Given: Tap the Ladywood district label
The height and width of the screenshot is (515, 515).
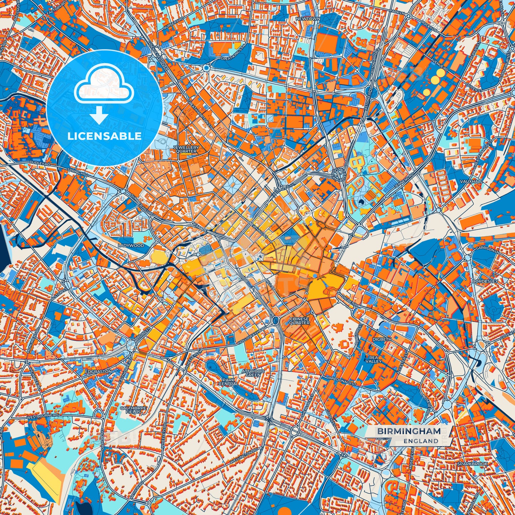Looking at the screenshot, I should (x=132, y=246).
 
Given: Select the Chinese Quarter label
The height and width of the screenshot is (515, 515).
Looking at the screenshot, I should (x=299, y=321).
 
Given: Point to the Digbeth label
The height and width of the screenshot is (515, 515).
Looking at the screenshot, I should (x=382, y=339).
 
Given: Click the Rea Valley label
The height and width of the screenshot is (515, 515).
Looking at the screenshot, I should (x=373, y=359).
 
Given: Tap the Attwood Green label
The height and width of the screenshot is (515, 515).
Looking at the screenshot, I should (x=253, y=373).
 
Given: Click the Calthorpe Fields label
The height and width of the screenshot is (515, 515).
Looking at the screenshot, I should (x=131, y=410).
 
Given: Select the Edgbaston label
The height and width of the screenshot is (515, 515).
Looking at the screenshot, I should (x=99, y=371).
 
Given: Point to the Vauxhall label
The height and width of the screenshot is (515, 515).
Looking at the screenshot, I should (x=472, y=181).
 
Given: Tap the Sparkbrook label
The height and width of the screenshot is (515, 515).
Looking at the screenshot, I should (x=473, y=464).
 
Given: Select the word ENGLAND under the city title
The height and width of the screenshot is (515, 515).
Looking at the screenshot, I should (x=421, y=441).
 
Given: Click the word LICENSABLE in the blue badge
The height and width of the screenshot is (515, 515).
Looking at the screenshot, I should (x=104, y=136).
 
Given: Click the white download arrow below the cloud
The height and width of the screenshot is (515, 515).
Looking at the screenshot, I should (x=99, y=116).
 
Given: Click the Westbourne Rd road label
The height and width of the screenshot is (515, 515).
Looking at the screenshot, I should (x=43, y=416).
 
